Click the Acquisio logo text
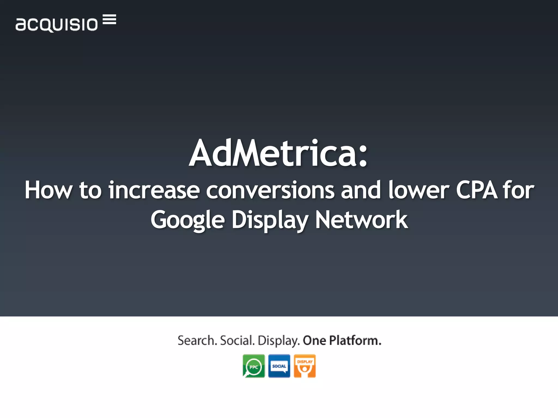56,24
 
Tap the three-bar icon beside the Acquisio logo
110,20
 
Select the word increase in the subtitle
154,190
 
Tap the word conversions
270,190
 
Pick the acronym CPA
477,190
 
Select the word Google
188,220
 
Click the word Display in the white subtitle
270,220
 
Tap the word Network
361,220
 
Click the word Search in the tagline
197,340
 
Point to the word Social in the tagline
236,340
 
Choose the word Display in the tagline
278,341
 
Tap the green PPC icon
254,366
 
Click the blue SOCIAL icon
279,366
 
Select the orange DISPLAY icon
305,366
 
